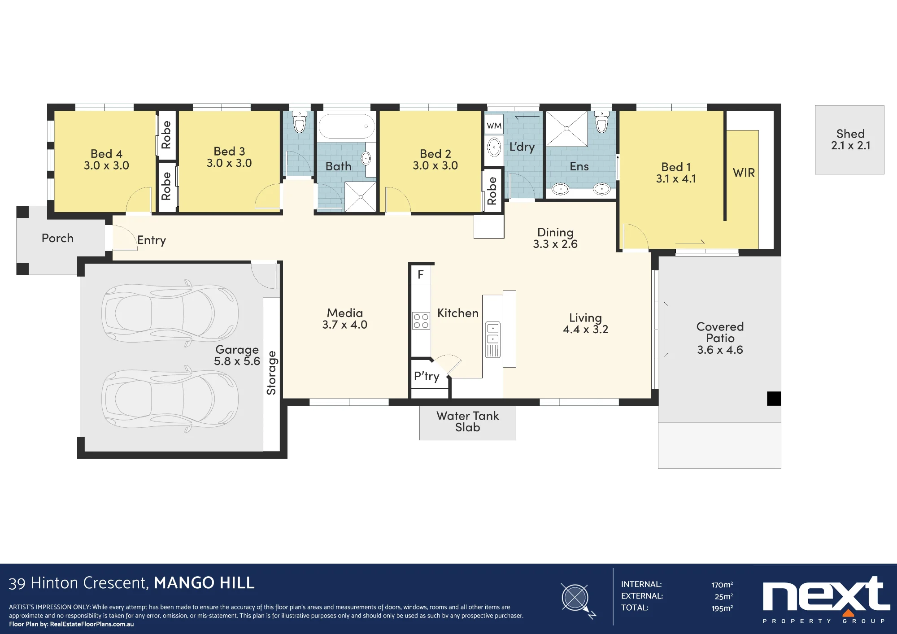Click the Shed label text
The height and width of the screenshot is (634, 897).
(850, 134)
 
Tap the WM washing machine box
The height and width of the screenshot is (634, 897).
(494, 126)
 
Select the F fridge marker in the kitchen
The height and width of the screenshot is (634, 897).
(421, 274)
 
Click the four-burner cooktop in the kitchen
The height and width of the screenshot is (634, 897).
(421, 321)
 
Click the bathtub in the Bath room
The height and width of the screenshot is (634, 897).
(347, 126)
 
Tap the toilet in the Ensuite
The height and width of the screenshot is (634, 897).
(602, 122)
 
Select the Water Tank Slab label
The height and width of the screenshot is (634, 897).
(468, 421)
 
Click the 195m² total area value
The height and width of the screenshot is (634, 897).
(722, 608)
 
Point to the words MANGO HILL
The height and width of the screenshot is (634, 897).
(204, 583)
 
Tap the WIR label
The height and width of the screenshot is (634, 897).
(744, 173)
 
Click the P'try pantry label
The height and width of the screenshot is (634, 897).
(427, 376)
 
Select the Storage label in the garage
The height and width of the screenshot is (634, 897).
(271, 373)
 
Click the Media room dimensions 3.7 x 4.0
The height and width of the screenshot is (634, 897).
(344, 325)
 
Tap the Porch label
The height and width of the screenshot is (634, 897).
(57, 238)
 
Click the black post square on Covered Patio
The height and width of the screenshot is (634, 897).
(774, 398)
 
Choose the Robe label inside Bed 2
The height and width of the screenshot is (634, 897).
(492, 191)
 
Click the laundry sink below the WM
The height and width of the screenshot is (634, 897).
(494, 147)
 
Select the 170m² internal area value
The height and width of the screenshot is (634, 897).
(722, 585)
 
